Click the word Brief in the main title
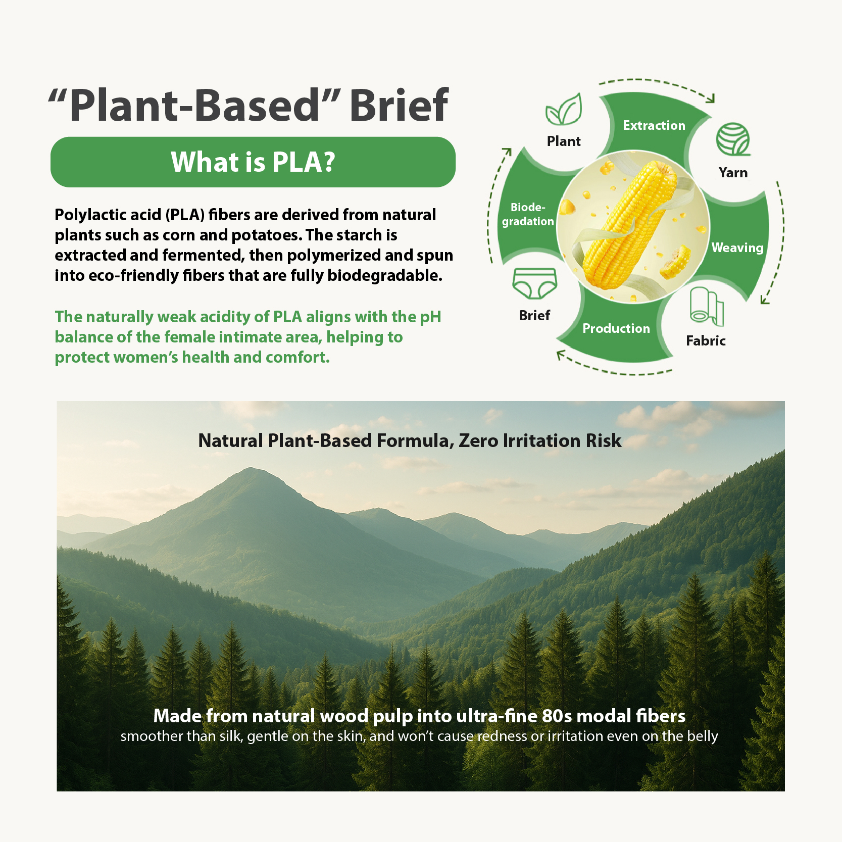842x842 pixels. (x=399, y=105)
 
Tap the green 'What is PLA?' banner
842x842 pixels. (x=253, y=162)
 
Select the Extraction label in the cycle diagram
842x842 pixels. (x=654, y=125)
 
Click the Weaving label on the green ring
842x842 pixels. (x=737, y=247)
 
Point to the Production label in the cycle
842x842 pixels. (x=616, y=328)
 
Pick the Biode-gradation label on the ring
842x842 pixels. (x=528, y=214)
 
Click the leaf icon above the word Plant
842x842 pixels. (x=564, y=109)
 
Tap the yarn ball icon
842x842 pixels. (x=733, y=139)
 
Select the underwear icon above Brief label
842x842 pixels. (x=534, y=283)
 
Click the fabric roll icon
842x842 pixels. (x=707, y=306)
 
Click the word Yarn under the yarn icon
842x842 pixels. (x=733, y=173)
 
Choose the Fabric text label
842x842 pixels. (x=706, y=341)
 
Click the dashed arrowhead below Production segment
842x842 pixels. (x=561, y=356)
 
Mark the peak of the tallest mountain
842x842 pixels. (x=251, y=468)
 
